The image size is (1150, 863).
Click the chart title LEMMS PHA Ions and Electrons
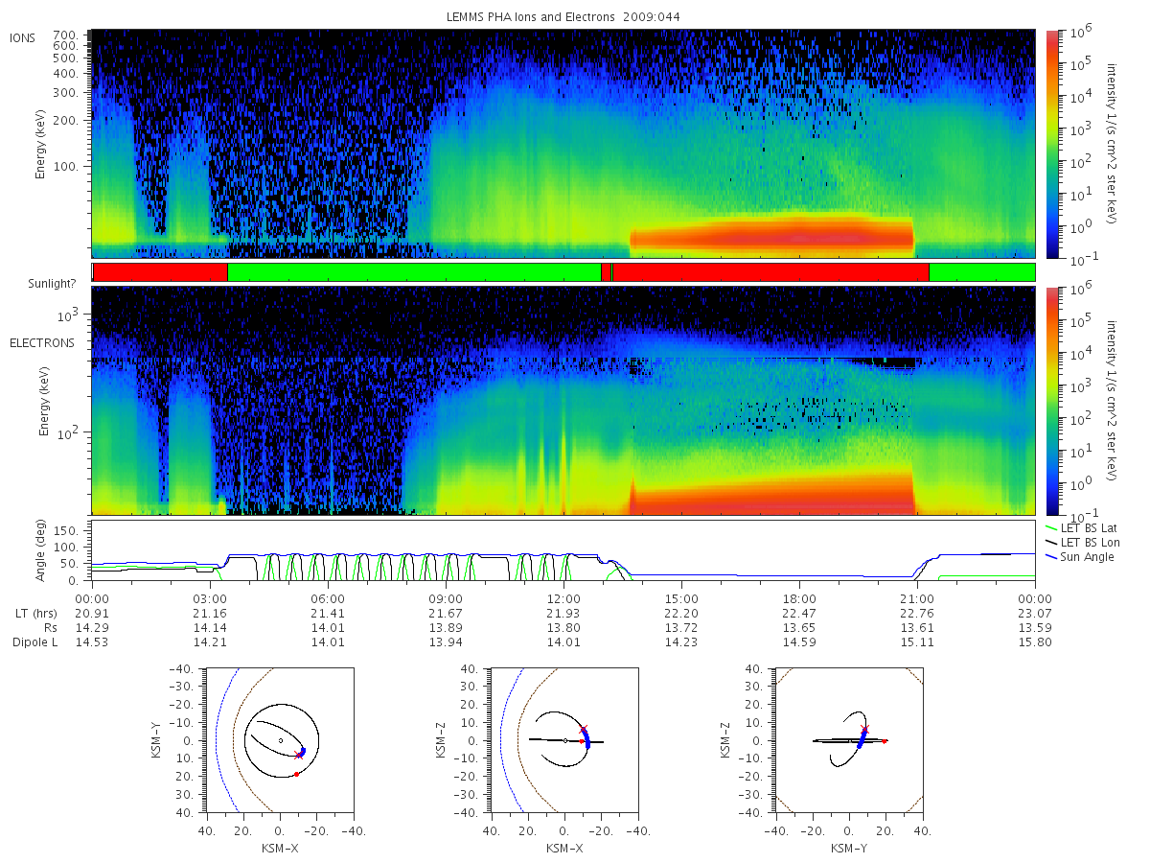[530, 16]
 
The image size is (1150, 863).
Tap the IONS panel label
[22, 38]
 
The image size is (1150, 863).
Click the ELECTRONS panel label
[42, 343]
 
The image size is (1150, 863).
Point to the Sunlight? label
[52, 284]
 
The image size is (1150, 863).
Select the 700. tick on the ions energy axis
[65, 35]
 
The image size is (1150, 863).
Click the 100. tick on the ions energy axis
[65, 167]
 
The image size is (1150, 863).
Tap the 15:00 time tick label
[681, 599]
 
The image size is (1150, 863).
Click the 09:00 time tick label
[446, 599]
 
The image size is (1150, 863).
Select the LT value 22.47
[799, 613]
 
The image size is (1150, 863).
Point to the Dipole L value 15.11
[917, 641]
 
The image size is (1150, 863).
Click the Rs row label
[51, 628]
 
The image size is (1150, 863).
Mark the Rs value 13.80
[563, 628]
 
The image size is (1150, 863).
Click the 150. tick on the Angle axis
[65, 531]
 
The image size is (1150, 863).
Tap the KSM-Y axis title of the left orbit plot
[155, 739]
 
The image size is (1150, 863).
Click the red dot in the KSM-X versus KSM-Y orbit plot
[296, 775]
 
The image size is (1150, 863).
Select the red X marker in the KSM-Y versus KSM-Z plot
[865, 730]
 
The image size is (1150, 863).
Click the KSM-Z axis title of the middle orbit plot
[440, 739]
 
